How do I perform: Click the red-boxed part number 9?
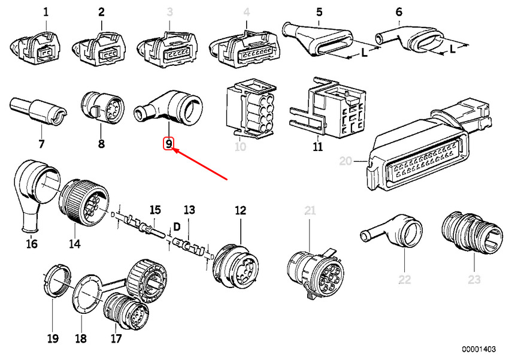168,143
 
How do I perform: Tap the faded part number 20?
346,161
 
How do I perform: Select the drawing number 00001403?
478,349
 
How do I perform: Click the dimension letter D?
177,226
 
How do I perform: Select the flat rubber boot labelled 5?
317,41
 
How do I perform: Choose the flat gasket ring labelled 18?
87,294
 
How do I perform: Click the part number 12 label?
240,210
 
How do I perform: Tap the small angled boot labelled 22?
391,231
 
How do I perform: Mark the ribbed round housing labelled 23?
472,232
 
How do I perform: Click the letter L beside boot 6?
452,49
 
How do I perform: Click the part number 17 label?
116,338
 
